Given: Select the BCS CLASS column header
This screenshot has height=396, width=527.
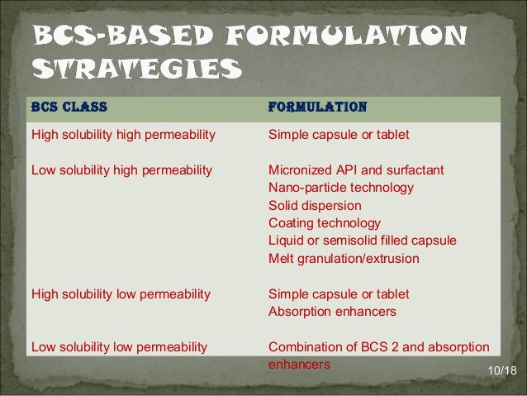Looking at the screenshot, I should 69,107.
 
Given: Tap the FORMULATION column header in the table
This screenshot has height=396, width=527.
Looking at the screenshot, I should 318,107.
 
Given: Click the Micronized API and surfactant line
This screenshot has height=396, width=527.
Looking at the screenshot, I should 356,170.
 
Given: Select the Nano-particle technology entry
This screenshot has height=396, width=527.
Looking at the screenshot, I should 341,188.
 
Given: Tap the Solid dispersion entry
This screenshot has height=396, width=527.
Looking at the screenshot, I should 315,205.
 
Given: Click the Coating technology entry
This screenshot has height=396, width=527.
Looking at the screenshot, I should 325,222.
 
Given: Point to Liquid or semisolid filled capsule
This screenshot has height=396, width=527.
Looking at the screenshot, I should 363,241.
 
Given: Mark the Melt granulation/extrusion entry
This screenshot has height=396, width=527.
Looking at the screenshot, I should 344,259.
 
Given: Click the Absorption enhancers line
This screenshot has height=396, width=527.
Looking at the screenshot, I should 332,312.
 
